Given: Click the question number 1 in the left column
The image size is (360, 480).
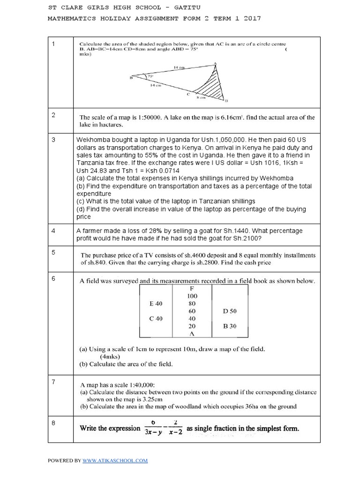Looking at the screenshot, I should (x=53, y=44).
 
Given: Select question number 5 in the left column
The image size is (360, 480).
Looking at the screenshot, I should (x=53, y=252).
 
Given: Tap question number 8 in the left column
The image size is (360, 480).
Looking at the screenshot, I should (x=53, y=423).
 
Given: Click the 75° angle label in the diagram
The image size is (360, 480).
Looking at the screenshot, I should (x=150, y=76).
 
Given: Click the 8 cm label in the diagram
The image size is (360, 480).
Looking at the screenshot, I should (x=201, y=98).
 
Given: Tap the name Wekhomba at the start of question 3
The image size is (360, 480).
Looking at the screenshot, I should (x=94, y=140).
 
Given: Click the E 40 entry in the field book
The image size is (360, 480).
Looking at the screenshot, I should (x=156, y=304).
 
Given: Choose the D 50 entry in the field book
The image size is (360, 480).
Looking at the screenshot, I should (x=230, y=311).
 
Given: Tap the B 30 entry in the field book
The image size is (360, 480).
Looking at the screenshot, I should (x=230, y=326).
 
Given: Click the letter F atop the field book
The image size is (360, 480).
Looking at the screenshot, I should (x=192, y=289).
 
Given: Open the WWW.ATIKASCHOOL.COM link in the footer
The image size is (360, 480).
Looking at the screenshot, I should (x=115, y=460).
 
